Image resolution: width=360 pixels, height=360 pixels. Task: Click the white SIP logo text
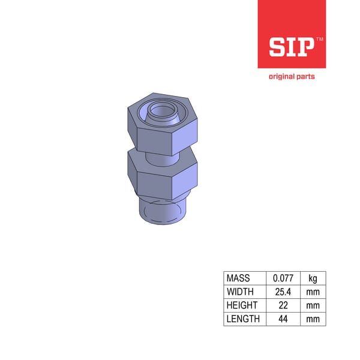tap(290, 46)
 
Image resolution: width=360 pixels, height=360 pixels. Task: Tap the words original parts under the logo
tap(292, 76)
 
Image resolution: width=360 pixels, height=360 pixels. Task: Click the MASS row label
tap(238, 278)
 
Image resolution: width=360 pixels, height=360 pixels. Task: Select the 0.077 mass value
tap(283, 278)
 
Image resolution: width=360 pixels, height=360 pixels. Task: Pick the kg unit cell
tap(313, 278)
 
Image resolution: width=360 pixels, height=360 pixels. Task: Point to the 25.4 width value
tap(283, 292)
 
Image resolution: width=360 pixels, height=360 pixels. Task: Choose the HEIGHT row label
tap(242, 305)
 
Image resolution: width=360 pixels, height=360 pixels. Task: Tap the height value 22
tap(283, 305)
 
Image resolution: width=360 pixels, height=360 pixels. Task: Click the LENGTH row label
tap(243, 319)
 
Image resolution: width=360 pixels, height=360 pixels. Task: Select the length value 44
tap(283, 319)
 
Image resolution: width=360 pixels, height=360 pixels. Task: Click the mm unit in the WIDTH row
tap(313, 292)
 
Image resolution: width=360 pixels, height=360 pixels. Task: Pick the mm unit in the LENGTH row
tap(313, 319)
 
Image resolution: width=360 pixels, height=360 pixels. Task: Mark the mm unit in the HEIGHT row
tap(313, 305)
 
